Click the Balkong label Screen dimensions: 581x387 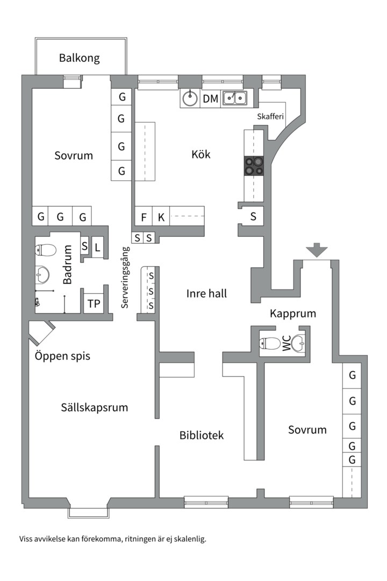[80, 58]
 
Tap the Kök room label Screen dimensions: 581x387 [201, 154]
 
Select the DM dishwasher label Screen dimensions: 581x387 [210, 98]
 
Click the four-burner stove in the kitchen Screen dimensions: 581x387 [254, 165]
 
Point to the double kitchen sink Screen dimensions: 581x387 [235, 98]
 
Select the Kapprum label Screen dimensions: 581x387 [293, 313]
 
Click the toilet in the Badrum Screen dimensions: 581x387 [46, 250]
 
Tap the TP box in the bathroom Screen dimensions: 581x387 [94, 304]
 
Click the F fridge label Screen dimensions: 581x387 [144, 217]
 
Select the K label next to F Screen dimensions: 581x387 [161, 217]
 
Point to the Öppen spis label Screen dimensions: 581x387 [62, 356]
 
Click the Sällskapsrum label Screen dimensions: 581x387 [95, 407]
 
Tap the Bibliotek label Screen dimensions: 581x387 [202, 435]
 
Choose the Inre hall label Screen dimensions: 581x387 [206, 293]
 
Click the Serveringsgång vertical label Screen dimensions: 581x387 [125, 277]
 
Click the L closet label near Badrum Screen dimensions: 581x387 [97, 247]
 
